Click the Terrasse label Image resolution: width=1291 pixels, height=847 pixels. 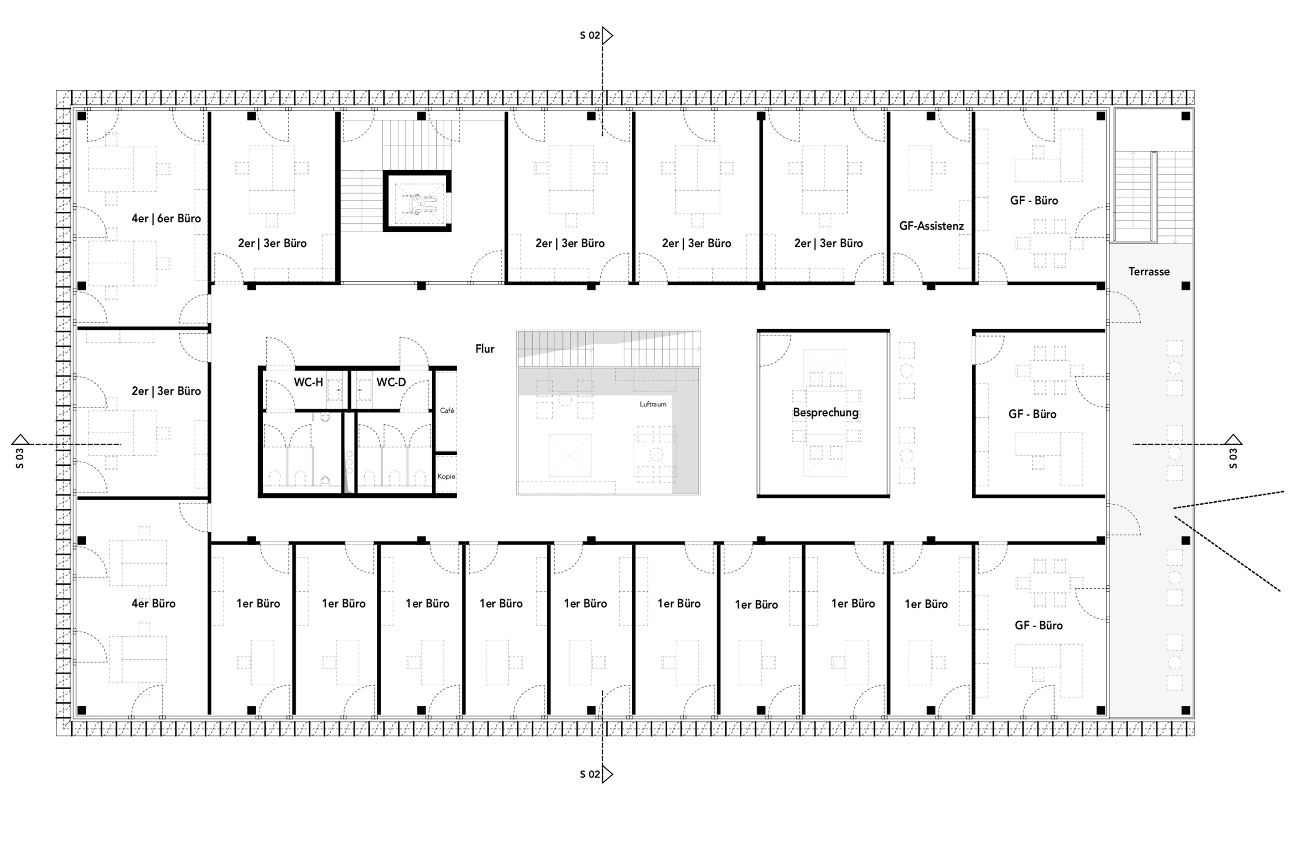[x=1148, y=272]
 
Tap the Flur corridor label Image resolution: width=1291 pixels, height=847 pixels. [x=485, y=349]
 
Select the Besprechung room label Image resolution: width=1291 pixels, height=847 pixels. [x=825, y=412]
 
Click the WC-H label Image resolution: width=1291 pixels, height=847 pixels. [x=308, y=382]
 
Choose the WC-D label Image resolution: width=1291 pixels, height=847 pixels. [x=390, y=382]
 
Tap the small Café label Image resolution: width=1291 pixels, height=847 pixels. [x=447, y=410]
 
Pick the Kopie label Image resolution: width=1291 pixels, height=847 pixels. [x=446, y=476]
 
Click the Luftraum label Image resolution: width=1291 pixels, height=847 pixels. [x=653, y=404]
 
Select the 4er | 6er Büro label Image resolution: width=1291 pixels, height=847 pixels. [x=166, y=218]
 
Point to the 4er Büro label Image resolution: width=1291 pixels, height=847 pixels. [x=153, y=603]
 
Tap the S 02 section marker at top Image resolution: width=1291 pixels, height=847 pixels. [x=596, y=36]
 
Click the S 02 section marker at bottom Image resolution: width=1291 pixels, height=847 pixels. [x=596, y=774]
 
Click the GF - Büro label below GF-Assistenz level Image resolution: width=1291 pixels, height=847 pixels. [x=1038, y=625]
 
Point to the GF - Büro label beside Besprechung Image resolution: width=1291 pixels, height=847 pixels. [x=1032, y=414]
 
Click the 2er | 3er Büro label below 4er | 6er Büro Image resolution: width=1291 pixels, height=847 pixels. [x=166, y=391]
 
